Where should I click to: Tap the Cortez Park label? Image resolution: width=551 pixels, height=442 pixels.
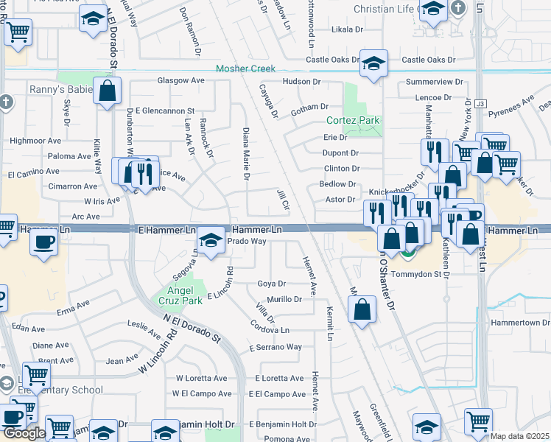[x=353, y=120]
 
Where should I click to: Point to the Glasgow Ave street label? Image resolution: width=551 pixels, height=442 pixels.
[x=180, y=80]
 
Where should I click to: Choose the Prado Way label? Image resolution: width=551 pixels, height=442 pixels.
[x=246, y=241]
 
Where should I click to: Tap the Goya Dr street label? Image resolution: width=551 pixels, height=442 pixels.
[x=271, y=284]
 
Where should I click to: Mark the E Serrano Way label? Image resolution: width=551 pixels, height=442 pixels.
[x=275, y=347]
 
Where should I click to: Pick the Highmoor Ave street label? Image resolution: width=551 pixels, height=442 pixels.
[x=35, y=140]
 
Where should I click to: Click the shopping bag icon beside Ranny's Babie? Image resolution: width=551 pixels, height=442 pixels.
[x=108, y=93]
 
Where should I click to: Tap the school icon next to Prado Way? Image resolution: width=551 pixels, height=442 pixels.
[x=211, y=242]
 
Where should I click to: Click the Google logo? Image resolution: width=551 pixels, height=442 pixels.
[x=24, y=433]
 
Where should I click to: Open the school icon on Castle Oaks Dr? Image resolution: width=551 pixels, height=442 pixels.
[x=373, y=63]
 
